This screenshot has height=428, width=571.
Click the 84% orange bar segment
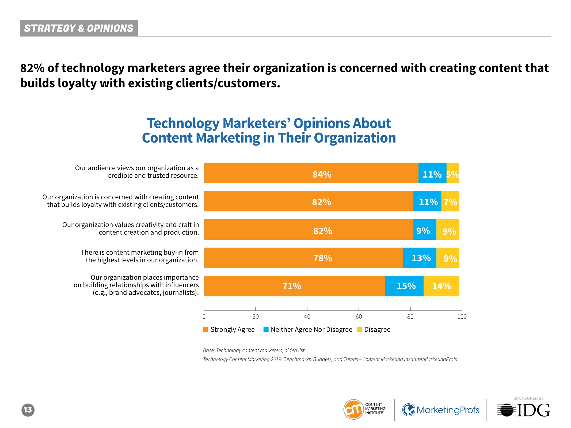tap(311, 173)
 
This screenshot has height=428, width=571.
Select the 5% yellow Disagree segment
tap(452, 173)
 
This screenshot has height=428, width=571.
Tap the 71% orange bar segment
tap(294, 286)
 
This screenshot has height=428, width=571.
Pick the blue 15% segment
tap(404, 286)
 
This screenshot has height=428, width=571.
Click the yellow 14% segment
tap(441, 286)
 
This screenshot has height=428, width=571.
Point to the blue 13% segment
tap(420, 258)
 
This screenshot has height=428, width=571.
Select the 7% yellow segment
tap(450, 201)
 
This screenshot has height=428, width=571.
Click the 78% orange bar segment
tap(303, 258)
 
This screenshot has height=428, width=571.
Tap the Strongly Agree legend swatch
tap(206, 329)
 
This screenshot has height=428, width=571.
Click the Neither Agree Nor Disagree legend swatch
tap(266, 329)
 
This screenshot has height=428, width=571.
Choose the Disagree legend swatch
tap(359, 329)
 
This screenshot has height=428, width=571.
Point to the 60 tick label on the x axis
tap(359, 317)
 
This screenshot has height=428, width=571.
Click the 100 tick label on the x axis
tap(462, 317)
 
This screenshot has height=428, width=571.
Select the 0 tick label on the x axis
tap(204, 317)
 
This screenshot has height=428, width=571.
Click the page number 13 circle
tap(28, 410)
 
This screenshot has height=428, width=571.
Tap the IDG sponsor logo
tap(523, 410)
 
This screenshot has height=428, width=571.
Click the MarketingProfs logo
tap(441, 410)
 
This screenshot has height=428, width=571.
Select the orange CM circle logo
tap(353, 410)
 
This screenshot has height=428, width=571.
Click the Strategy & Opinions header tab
tap(79, 28)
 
